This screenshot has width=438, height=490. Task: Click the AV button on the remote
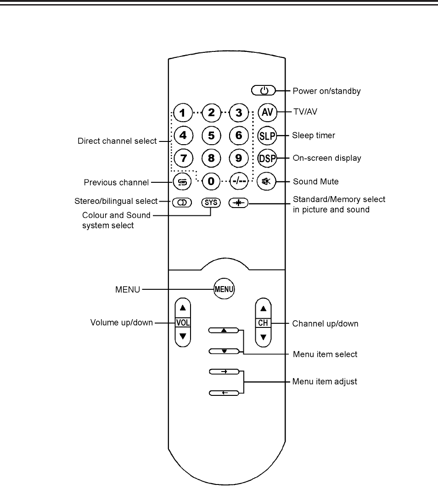266,113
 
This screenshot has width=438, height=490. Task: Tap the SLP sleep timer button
266,135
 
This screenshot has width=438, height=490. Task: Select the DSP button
266,158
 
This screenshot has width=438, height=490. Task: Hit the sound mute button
266,181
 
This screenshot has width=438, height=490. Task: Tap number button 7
183,158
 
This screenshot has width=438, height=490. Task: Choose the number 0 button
211,181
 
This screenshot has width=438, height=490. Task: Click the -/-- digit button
239,181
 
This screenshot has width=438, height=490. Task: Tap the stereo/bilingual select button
182,202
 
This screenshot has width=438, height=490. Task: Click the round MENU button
224,289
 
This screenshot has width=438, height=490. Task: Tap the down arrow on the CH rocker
263,338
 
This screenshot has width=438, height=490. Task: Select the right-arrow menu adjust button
224,371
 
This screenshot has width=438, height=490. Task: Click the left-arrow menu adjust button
224,393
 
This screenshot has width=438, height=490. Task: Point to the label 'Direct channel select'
117,141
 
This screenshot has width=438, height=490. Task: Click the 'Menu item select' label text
325,355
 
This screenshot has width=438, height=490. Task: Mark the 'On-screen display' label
326,158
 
